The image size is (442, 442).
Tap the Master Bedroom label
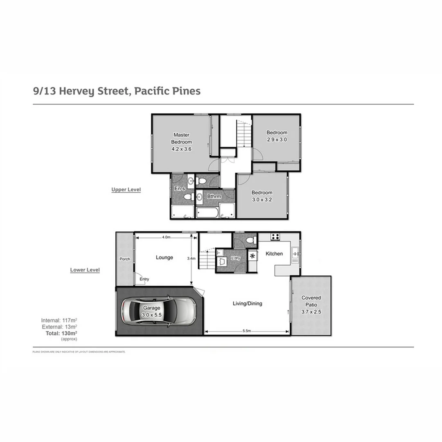181,138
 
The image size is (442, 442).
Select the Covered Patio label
311,301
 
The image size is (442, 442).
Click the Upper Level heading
126,190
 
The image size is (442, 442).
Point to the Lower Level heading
85,270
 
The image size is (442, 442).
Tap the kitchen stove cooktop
275,237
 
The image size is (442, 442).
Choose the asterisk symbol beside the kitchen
253,256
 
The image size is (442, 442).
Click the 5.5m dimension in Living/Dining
246,331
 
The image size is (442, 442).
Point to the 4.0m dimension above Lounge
166,237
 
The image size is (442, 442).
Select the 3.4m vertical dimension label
191,259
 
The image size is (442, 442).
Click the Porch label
124,259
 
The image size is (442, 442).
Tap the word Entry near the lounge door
144,279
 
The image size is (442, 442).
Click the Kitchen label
274,254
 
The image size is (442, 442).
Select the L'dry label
235,258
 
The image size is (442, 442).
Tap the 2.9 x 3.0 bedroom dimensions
277,139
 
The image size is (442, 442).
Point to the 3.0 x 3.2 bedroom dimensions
262,200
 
